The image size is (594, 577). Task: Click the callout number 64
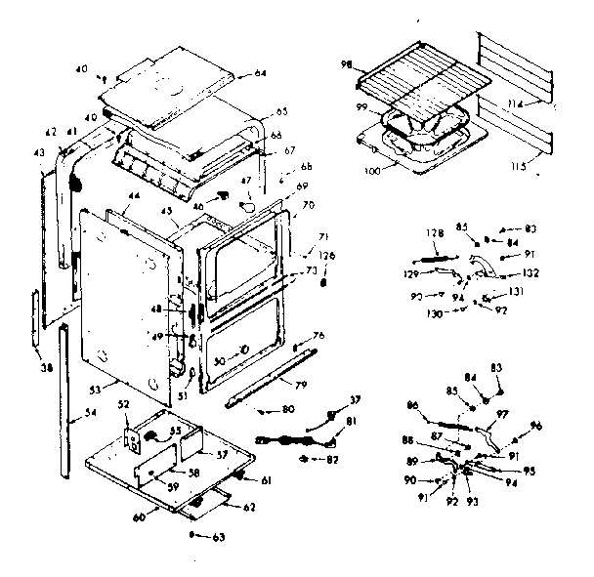(x=261, y=73)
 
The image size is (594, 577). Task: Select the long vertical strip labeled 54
(x=64, y=400)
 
